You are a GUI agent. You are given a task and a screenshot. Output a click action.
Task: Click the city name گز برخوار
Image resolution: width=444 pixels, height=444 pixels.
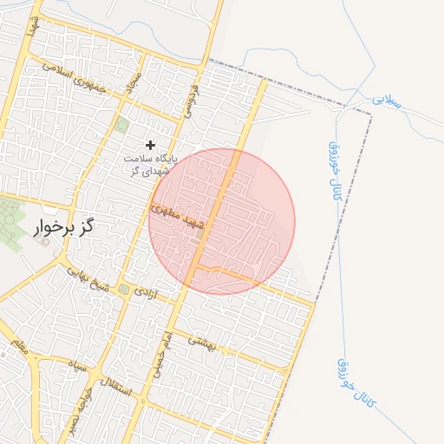tap(63, 229)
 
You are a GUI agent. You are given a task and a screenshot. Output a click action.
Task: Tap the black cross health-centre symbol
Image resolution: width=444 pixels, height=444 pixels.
tap(151, 144)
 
